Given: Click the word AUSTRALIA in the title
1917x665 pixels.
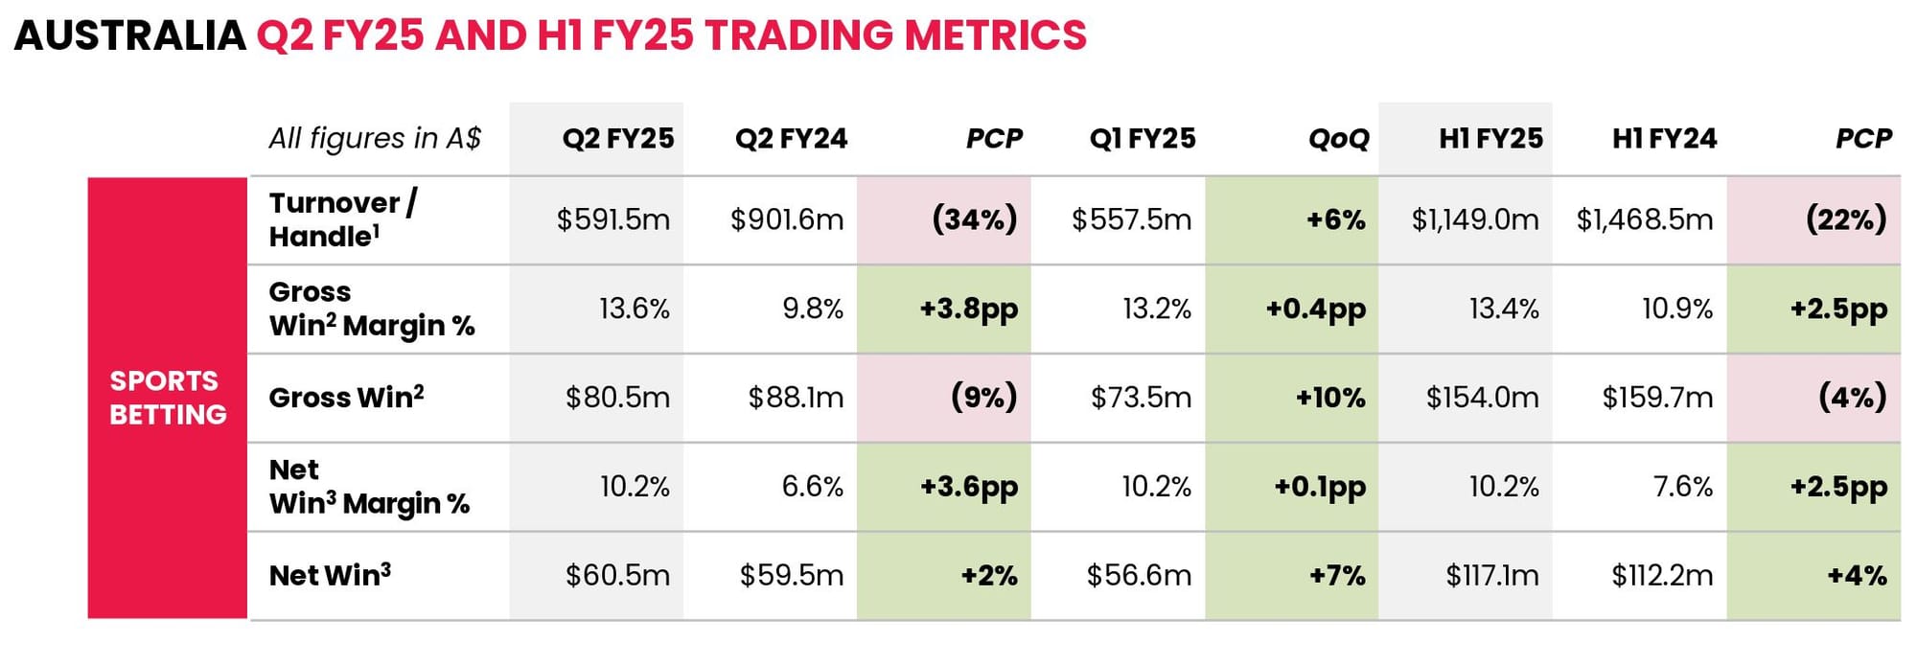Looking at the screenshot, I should [130, 35].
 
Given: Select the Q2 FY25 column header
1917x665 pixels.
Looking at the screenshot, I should [618, 139].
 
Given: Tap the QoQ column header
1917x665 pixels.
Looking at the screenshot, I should [1339, 139].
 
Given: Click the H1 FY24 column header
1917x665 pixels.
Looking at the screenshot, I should [1664, 139].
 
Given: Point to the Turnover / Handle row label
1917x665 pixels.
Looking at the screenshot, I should [342, 219].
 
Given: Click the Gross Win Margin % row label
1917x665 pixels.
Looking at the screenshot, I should [372, 309].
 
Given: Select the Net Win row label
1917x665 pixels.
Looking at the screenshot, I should [330, 575].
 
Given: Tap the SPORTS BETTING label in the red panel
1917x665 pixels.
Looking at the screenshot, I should [168, 398].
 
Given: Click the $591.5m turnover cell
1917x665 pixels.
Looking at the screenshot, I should [613, 220].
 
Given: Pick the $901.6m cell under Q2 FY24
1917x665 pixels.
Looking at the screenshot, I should [787, 220].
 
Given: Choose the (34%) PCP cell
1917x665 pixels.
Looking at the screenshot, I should [974, 220].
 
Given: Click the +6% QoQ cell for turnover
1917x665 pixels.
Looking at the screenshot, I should [1335, 220].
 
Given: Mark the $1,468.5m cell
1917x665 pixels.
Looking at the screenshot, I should [1645, 220].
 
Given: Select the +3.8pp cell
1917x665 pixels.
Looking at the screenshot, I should [968, 310].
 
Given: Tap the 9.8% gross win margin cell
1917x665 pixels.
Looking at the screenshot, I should [813, 309].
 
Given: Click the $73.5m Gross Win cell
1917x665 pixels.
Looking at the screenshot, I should [1141, 398].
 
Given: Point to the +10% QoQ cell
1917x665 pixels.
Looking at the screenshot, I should [1330, 398].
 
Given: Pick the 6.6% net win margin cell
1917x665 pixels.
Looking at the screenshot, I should [813, 487].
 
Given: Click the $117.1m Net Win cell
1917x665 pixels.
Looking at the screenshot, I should [1492, 576].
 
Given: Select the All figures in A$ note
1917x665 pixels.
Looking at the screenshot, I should [375, 139].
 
